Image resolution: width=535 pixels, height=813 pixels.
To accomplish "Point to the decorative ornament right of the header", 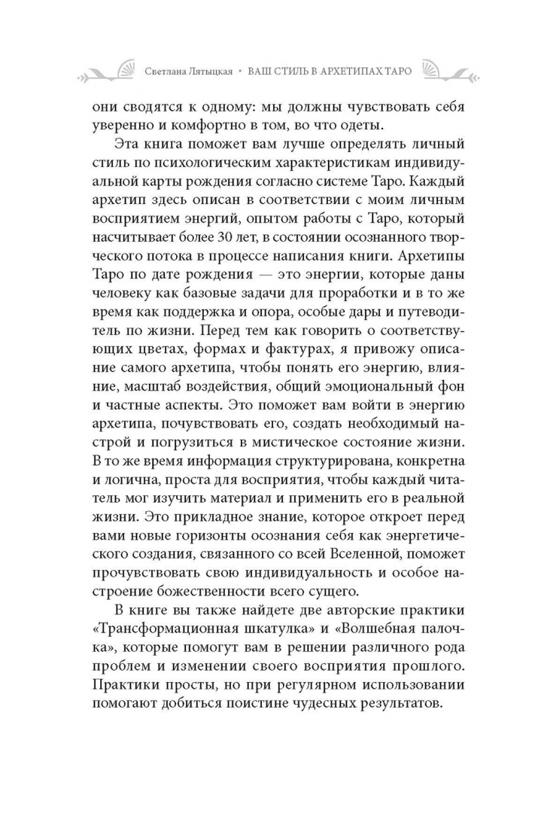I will (x=445, y=71).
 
